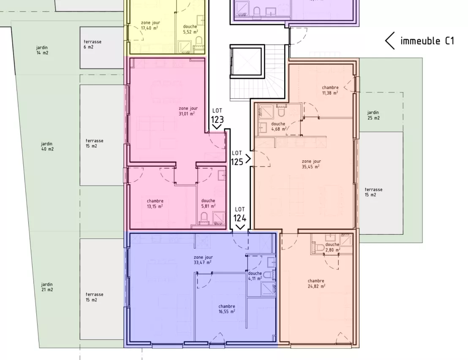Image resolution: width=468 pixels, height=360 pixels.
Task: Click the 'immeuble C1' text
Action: (427, 41)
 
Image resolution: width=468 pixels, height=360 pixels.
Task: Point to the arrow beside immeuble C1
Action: (390, 41)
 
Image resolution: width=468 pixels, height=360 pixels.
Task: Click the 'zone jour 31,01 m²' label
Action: (188, 111)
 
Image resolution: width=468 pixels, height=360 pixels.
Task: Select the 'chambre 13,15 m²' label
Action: (155, 203)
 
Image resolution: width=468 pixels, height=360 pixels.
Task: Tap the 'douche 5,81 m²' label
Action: (208, 203)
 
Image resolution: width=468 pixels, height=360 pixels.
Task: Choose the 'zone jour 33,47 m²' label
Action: (203, 260)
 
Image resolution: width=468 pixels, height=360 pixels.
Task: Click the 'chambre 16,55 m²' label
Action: (227, 309)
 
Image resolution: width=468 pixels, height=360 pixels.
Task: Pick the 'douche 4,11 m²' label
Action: (255, 276)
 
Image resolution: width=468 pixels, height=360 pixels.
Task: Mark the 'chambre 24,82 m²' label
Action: (316, 284)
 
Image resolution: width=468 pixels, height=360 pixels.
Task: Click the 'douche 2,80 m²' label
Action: (332, 247)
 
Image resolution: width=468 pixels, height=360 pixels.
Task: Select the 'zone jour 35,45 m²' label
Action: (311, 164)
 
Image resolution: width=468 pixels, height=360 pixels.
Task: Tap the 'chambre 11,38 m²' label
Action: (330, 90)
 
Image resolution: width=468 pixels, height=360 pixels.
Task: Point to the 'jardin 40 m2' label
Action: (47, 146)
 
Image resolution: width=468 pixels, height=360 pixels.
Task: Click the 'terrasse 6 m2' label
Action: (93, 44)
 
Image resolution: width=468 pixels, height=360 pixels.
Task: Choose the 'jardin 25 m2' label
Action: (373, 115)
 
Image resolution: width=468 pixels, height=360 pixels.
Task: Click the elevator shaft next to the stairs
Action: (245, 62)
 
